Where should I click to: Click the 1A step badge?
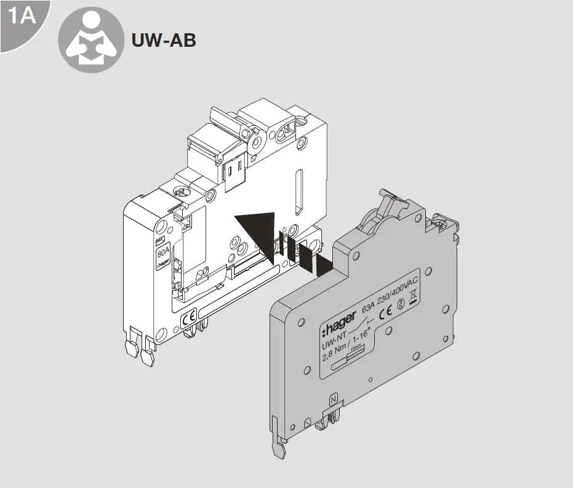(x=20, y=17)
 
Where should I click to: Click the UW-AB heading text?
(x=164, y=40)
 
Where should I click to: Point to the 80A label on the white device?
(x=163, y=251)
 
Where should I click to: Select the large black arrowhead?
(x=255, y=230)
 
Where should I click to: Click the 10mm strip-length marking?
(x=355, y=349)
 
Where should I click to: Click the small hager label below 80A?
(x=163, y=263)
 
